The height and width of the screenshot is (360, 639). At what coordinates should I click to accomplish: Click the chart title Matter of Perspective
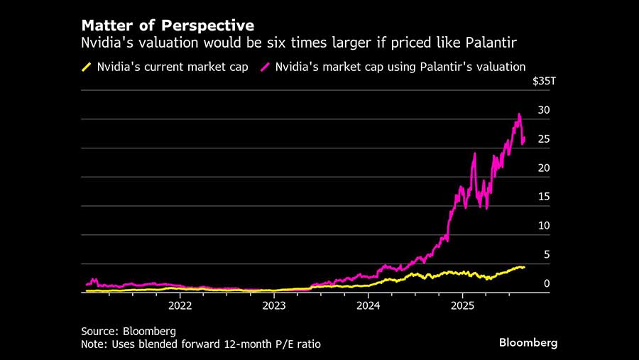pyautogui.click(x=168, y=27)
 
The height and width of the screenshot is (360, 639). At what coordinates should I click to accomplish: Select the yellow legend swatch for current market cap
pyautogui.click(x=87, y=67)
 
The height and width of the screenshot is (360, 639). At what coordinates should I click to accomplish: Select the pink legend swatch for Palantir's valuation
pyautogui.click(x=267, y=67)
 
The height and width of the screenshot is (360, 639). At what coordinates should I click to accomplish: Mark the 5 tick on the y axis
pyautogui.click(x=546, y=254)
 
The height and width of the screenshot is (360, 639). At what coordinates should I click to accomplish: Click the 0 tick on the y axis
pyautogui.click(x=546, y=283)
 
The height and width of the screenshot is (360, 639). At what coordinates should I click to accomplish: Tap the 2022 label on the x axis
pyautogui.click(x=180, y=305)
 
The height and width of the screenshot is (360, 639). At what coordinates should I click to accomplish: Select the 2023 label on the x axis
pyautogui.click(x=274, y=305)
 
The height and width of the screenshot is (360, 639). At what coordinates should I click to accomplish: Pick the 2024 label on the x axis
pyautogui.click(x=368, y=305)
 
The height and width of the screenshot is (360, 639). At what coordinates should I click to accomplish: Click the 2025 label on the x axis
pyautogui.click(x=462, y=305)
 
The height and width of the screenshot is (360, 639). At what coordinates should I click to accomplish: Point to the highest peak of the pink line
pyautogui.click(x=520, y=114)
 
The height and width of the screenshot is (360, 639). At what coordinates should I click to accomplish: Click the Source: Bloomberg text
pyautogui.click(x=128, y=331)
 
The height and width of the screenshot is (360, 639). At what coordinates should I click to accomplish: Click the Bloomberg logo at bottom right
pyautogui.click(x=528, y=342)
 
